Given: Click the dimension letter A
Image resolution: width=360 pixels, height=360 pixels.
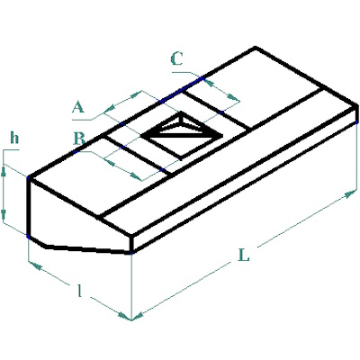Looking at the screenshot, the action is tap(78, 107).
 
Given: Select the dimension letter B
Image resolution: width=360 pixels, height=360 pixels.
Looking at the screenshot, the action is tap(79, 139).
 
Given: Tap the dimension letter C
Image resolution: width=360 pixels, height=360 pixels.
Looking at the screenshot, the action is tap(176, 58).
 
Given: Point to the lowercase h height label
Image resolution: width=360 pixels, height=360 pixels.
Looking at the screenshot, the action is tap(14, 138).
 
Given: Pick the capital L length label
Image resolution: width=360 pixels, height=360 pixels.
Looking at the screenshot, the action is tap(243, 255).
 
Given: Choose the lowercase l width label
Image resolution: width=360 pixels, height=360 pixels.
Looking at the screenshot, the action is tap(79, 290).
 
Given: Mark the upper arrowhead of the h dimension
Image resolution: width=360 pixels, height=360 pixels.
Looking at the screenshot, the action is tap(4, 171).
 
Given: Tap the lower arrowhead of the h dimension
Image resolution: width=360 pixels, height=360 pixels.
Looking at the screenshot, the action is tap(4, 214).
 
